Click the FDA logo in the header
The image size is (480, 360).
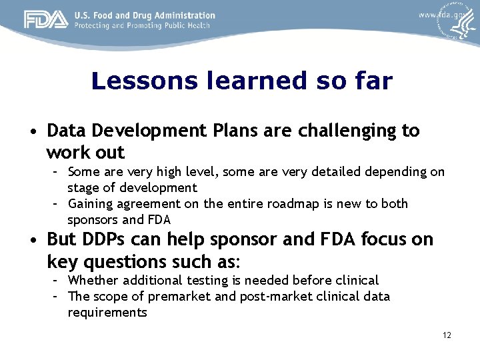46,20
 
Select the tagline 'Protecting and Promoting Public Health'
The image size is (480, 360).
142,26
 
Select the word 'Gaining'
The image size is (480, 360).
90,204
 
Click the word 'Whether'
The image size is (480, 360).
93,281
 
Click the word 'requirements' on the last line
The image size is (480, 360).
107,312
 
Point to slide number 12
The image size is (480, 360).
447,335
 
